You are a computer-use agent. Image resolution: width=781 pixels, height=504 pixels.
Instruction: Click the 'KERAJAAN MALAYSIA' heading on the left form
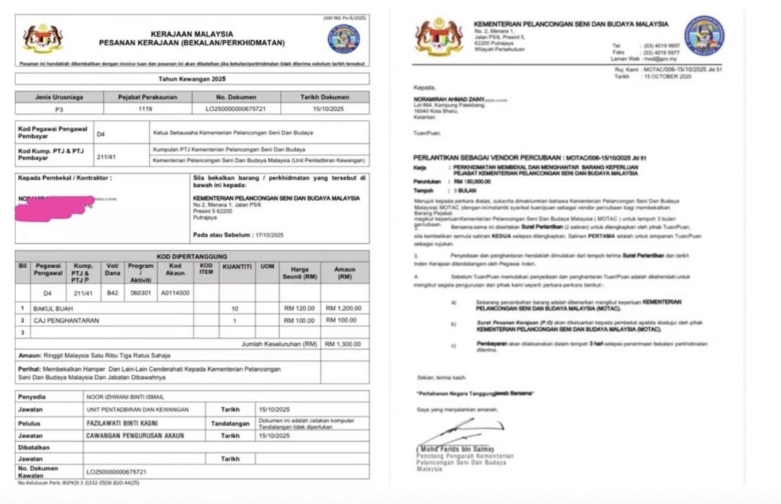coord(192,34)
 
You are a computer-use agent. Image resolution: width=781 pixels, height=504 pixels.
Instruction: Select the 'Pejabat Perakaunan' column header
coord(140,96)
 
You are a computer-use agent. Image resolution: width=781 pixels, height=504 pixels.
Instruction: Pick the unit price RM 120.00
coord(300,309)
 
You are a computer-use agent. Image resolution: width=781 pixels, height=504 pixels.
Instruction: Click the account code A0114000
coord(175,292)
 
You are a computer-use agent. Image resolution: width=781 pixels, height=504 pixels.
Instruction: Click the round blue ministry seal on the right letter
coord(704,36)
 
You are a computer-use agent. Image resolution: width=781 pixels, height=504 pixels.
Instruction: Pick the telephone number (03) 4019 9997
coord(660,45)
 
